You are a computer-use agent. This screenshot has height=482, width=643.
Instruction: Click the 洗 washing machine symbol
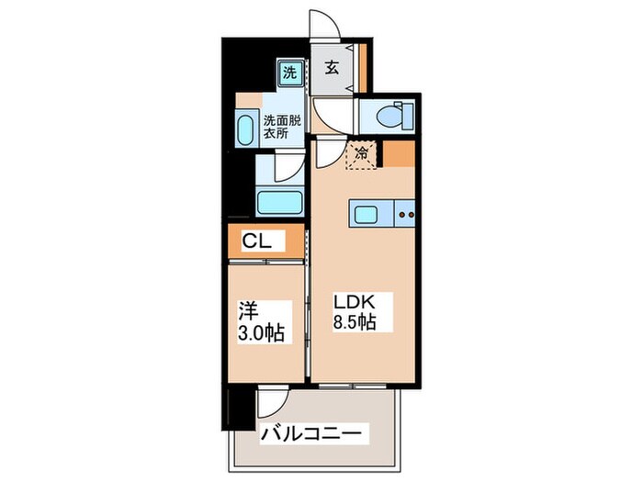click(288, 71)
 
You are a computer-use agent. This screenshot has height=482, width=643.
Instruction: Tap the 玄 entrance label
click(333, 68)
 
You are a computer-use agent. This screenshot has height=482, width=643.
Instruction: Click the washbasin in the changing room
click(247, 129)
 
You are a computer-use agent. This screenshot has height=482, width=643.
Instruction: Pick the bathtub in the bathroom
click(280, 202)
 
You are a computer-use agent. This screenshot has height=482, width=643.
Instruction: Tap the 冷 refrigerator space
click(362, 154)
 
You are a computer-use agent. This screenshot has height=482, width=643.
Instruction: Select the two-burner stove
click(405, 216)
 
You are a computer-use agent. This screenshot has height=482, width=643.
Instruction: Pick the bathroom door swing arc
click(287, 168)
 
